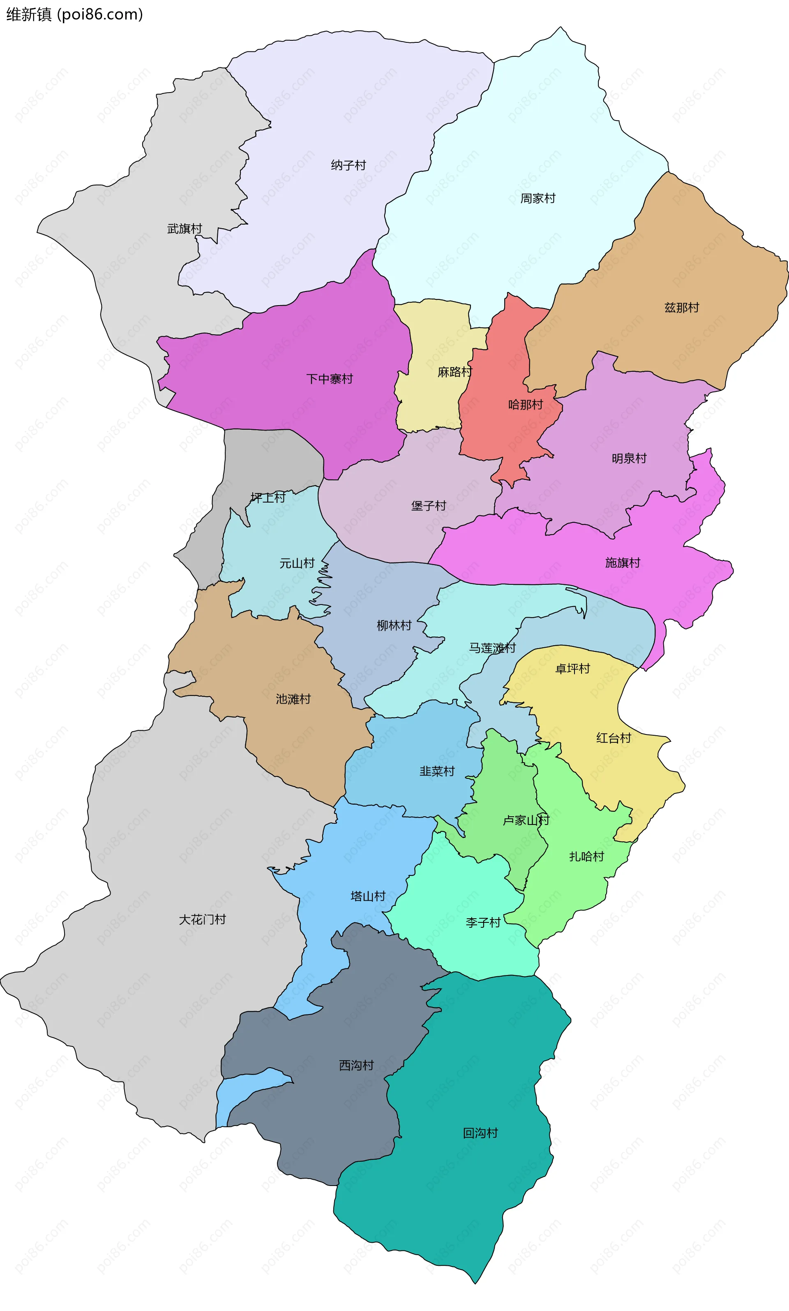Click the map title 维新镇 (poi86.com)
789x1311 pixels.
(74, 14)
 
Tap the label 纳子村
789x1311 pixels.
(348, 165)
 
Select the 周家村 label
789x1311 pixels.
(538, 199)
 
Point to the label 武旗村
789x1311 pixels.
(185, 229)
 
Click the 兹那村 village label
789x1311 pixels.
(682, 308)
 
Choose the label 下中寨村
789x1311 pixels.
(330, 379)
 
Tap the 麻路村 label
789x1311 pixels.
(454, 372)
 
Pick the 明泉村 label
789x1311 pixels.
(629, 459)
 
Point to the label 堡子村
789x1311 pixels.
(429, 505)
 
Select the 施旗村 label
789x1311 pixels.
(623, 563)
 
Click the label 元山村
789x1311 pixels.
(297, 563)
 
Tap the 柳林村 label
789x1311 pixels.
(394, 626)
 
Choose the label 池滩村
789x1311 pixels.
(293, 699)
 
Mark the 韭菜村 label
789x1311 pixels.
(437, 771)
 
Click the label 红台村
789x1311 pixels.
(614, 738)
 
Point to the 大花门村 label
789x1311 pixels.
(202, 920)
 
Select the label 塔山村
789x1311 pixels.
(368, 896)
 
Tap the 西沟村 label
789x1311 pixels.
(356, 1065)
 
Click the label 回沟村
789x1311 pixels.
(480, 1133)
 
